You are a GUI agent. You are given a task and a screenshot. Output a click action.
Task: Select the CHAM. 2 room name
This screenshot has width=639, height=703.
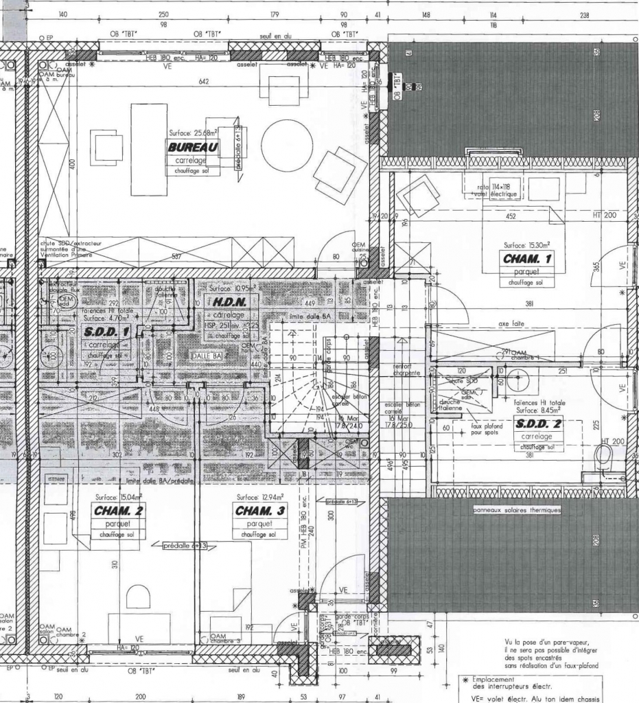[119, 511]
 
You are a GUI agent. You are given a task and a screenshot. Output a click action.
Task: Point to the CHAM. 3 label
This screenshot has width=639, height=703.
[260, 511]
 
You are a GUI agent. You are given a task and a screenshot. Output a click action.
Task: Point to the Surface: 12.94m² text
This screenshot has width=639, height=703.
[257, 496]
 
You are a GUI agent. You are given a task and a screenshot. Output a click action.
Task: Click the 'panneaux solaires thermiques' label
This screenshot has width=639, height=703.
[517, 510]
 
